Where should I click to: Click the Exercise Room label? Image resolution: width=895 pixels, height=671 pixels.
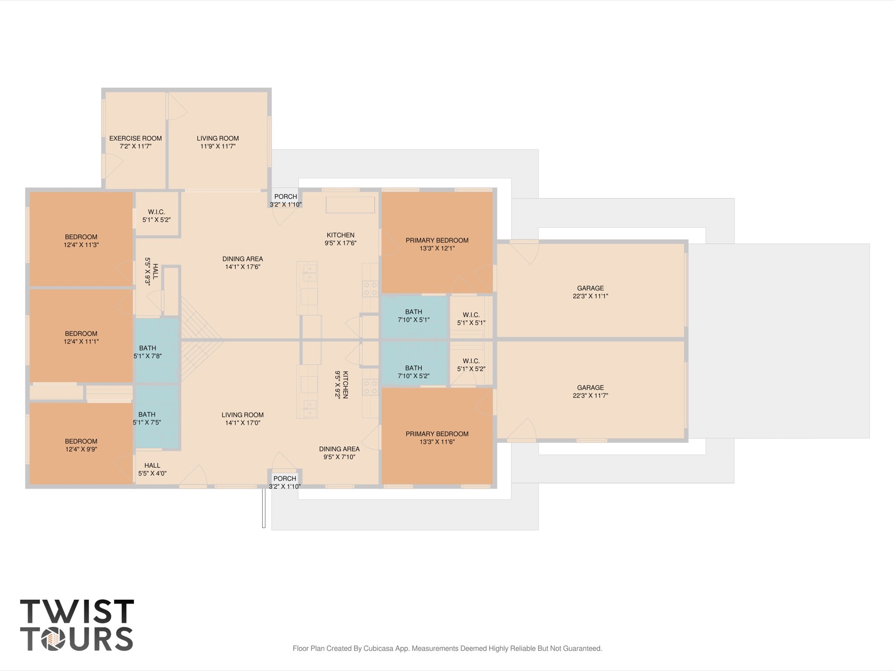[135, 139]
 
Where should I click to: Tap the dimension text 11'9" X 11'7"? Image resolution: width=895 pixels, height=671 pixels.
[218, 146]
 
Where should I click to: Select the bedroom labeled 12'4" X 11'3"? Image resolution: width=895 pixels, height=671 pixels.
[81, 241]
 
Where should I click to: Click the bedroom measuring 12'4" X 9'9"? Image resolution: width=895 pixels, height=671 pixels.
[81, 445]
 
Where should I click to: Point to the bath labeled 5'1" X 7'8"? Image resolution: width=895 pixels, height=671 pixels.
[148, 352]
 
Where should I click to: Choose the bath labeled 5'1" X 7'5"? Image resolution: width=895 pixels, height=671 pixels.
[147, 418]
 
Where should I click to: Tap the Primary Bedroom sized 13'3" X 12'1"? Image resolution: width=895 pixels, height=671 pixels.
[437, 244]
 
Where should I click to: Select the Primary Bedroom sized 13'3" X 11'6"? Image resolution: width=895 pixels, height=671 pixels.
[437, 438]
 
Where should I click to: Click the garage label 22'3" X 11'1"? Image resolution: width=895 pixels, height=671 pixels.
[590, 296]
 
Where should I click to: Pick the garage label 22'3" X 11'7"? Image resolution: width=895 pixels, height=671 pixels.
[590, 396]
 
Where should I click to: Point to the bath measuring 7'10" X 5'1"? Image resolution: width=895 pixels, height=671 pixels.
[414, 316]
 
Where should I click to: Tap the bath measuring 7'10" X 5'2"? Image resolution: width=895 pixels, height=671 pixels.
[414, 372]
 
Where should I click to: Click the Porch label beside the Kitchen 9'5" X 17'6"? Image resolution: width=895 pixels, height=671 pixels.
[286, 197]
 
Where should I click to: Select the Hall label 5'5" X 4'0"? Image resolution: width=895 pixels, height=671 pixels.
[152, 469]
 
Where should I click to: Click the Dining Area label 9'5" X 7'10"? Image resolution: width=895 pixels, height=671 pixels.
[339, 453]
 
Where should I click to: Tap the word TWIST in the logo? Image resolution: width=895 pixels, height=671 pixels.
[77, 612]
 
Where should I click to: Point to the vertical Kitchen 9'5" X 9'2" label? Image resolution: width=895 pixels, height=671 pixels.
[341, 385]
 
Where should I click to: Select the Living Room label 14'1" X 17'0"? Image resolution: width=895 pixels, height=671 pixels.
[242, 419]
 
